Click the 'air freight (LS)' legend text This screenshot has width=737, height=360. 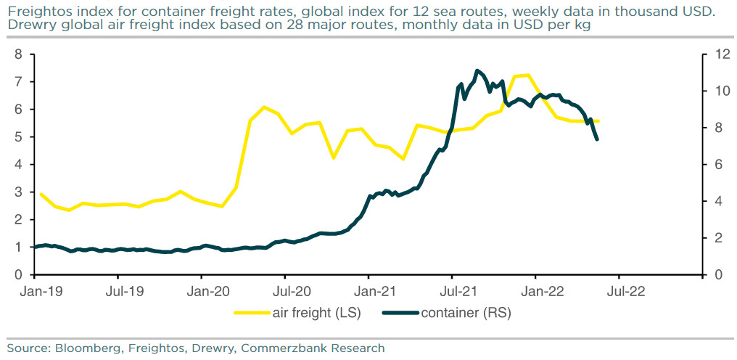click(x=316, y=313)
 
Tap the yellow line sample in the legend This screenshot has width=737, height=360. click(x=251, y=313)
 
